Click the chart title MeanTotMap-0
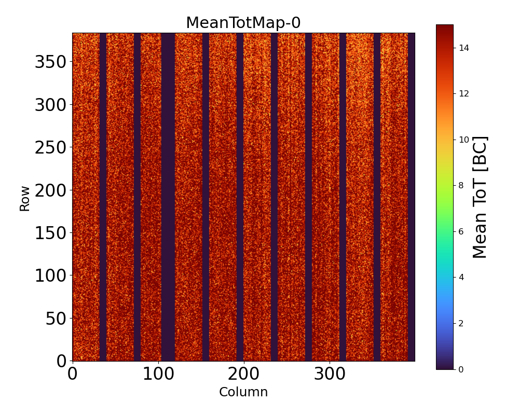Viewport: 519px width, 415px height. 243,23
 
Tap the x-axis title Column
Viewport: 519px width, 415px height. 243,392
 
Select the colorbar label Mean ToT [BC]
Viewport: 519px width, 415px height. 480,197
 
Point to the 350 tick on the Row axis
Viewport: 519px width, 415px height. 50,62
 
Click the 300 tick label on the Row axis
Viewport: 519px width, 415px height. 50,105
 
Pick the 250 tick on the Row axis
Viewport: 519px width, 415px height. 50,148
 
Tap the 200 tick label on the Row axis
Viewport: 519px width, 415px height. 50,190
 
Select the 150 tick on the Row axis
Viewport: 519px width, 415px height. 50,233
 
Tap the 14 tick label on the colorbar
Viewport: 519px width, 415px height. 464,48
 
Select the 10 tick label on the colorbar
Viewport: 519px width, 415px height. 464,140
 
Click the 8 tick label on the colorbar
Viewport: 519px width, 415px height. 461,185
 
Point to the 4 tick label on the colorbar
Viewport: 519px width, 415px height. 461,277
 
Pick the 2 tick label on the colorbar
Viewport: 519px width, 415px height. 461,323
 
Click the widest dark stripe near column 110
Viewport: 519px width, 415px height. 168,197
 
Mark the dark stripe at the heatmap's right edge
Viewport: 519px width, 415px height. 411,197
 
